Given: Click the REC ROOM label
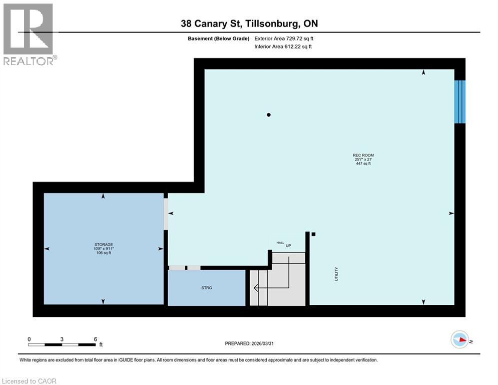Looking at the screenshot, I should click(x=363, y=155).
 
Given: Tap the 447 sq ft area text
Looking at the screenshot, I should click(x=363, y=163).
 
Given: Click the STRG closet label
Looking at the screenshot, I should click(x=207, y=288).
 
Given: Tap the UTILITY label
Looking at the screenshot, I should click(x=336, y=273).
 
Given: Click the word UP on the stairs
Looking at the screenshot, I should click(x=288, y=246).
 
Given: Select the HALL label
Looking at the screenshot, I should click(x=280, y=243).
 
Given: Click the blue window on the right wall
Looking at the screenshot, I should click(x=459, y=101).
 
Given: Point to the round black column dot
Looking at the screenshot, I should click(x=269, y=115).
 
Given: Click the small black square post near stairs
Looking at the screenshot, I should click(x=313, y=234).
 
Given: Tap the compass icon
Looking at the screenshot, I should click(x=459, y=339).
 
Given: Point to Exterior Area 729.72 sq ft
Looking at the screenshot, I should click(x=284, y=38).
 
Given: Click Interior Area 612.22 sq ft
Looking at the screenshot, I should click(x=283, y=47).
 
